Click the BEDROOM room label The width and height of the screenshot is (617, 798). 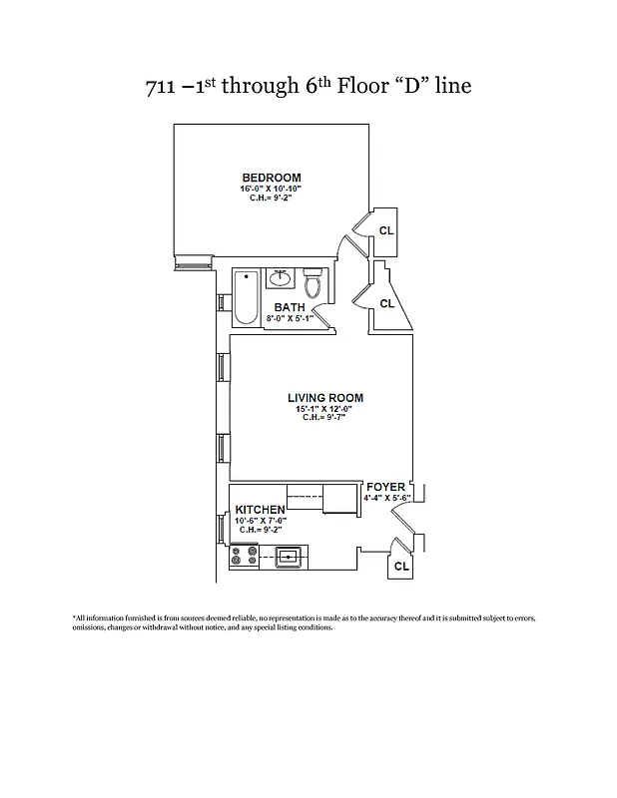click(271, 178)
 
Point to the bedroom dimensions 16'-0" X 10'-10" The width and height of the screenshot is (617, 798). click(271, 189)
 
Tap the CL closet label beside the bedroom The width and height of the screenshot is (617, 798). click(386, 230)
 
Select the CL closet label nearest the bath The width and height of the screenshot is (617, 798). click(387, 303)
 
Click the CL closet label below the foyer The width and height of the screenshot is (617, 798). click(401, 566)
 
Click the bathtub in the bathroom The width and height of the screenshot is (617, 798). click(246, 298)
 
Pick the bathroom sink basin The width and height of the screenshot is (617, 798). click(281, 279)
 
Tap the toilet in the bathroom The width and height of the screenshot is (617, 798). click(312, 284)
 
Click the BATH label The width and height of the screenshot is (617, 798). click(289, 308)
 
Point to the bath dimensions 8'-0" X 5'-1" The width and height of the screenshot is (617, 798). click(289, 319)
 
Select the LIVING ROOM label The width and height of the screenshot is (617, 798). click(324, 398)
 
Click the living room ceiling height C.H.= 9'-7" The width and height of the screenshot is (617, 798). click(324, 418)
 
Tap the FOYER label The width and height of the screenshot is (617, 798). click(385, 487)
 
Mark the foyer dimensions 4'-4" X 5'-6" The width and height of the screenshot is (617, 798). click(387, 497)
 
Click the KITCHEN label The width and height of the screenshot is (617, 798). click(260, 510)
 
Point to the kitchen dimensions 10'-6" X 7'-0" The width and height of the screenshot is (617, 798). click(260, 521)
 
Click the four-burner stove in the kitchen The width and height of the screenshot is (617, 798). click(244, 558)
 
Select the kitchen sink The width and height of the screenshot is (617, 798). click(290, 558)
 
